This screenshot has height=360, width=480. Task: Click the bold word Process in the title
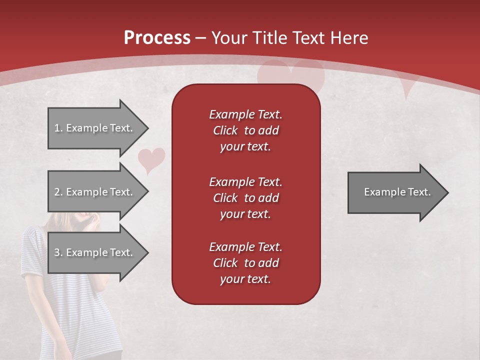pos(157,38)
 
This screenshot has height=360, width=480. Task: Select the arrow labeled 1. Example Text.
pos(95,128)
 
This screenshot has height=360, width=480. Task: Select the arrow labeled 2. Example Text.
pos(95,192)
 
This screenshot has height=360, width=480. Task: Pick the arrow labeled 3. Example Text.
pos(95,252)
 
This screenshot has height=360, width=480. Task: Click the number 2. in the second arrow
pos(58,192)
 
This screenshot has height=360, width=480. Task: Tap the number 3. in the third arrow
pos(58,252)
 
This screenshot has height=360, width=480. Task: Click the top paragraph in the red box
pos(245,130)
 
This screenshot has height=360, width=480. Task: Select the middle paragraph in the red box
pos(245,197)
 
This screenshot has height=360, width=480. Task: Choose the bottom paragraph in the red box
pos(245,263)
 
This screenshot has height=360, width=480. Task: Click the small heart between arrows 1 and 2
pos(151,159)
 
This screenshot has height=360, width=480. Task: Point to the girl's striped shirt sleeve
pos(33,250)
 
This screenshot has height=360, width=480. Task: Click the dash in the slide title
pos(200,38)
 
